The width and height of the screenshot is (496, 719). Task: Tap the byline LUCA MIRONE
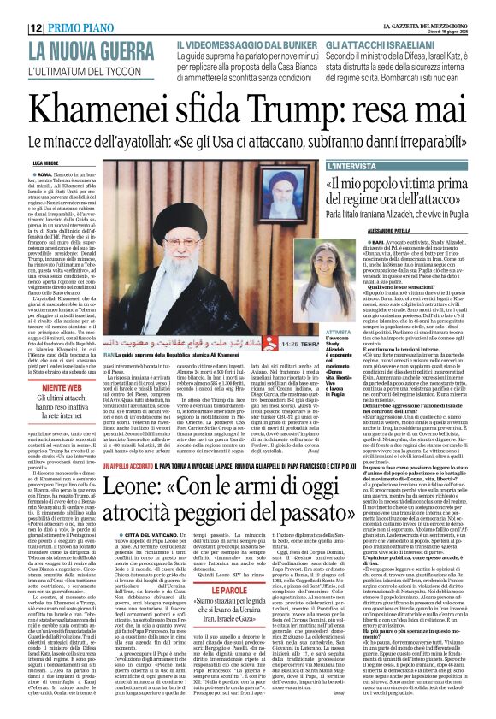click(x=46, y=161)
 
